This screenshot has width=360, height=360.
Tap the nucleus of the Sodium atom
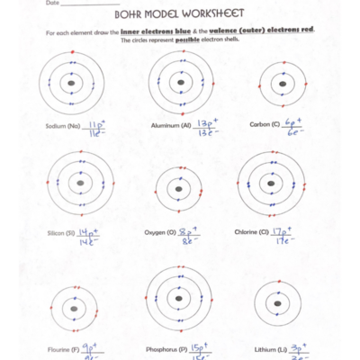click(72, 86)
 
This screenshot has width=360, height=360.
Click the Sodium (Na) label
click(63, 127)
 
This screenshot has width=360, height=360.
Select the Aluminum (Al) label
click(171, 127)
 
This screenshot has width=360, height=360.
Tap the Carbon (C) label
click(265, 124)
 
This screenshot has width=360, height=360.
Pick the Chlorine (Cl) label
click(252, 231)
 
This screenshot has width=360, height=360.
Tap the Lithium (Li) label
click(269, 347)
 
